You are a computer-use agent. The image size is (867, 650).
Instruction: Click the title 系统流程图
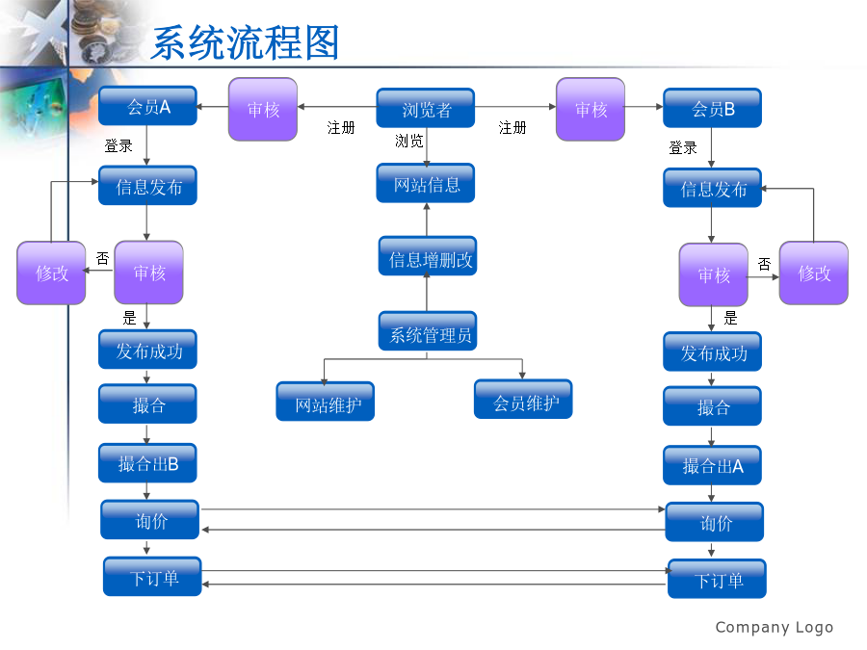tap(246, 43)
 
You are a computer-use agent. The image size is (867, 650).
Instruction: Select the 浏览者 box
tap(426, 109)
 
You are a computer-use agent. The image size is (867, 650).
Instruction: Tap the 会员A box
tap(147, 106)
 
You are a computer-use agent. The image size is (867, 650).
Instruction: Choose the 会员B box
tap(712, 108)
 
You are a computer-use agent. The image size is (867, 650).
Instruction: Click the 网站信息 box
tap(426, 183)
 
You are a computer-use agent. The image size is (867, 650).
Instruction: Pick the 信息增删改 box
tap(427, 257)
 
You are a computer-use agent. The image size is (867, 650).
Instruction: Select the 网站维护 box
tap(326, 402)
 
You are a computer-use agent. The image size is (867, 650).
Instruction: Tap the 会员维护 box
tap(523, 400)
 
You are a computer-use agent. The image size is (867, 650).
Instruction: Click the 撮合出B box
tap(147, 463)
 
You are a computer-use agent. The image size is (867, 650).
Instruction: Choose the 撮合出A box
tap(712, 465)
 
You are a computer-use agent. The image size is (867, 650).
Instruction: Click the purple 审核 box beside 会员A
tap(262, 110)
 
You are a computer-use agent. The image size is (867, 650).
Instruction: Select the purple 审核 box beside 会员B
tap(591, 110)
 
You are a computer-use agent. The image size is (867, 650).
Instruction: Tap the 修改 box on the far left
tap(52, 273)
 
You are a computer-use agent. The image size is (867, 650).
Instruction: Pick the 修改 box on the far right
tap(814, 273)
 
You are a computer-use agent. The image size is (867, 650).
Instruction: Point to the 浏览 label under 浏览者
tap(409, 142)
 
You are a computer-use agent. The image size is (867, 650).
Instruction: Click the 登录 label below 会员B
tap(683, 148)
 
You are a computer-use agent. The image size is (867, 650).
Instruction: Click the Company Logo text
tap(774, 628)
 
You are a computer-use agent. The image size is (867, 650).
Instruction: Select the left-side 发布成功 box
tap(147, 350)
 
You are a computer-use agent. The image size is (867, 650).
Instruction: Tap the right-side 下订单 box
tap(717, 580)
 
